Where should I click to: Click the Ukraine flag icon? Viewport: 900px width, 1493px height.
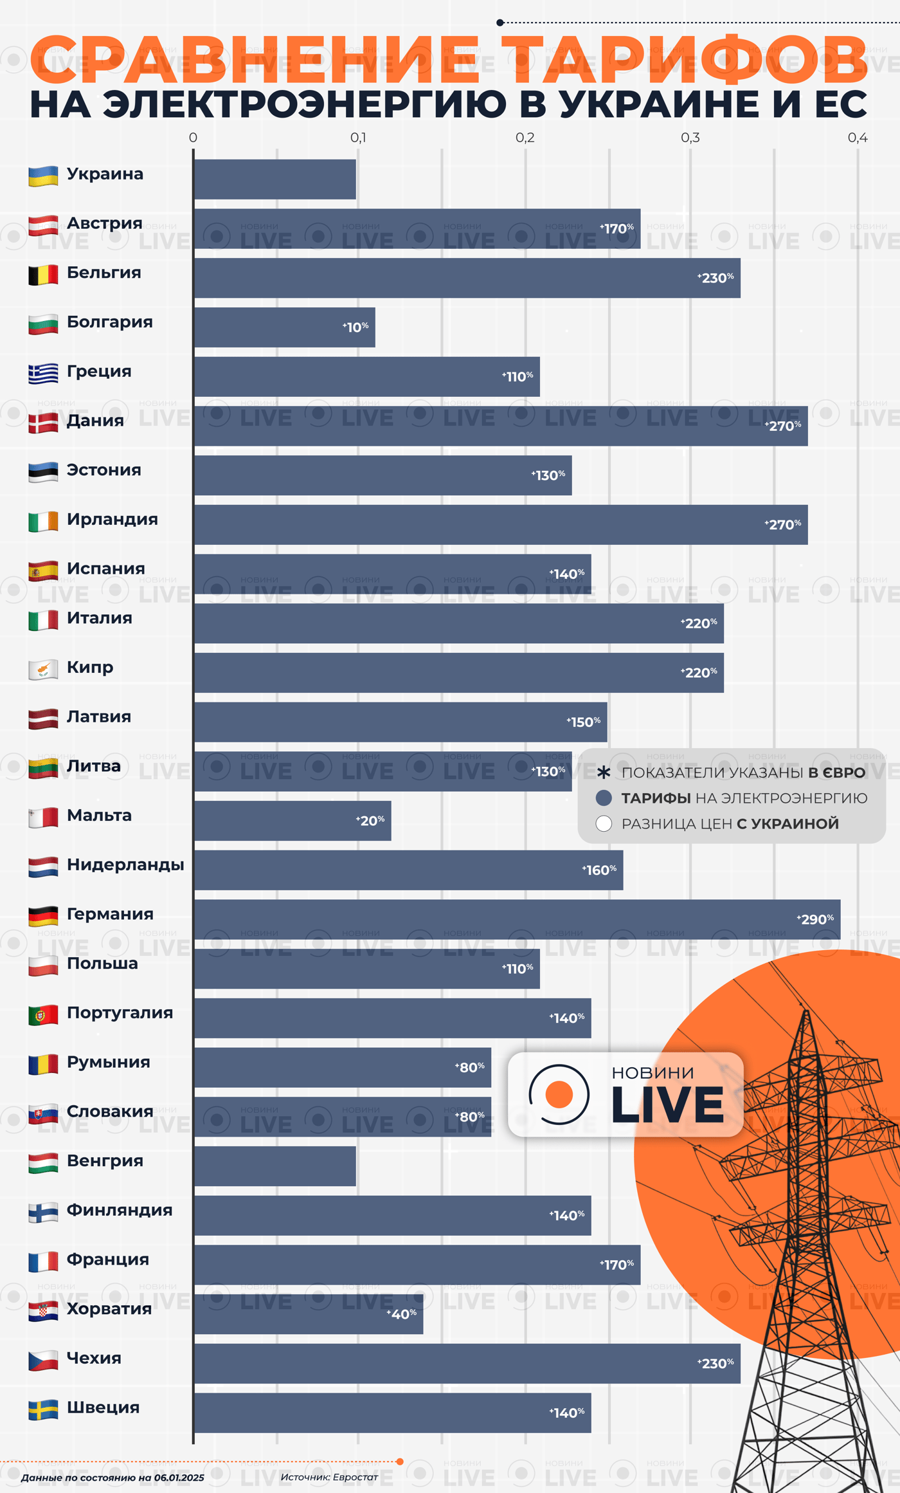43,176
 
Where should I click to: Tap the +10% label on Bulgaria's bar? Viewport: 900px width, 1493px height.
355,327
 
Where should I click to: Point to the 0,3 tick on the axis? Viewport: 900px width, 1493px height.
690,138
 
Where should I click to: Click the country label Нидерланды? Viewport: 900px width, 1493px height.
125,865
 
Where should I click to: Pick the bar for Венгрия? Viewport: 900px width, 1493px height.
275,1166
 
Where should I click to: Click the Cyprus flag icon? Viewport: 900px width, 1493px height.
43,669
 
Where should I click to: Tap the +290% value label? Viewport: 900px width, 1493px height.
815,919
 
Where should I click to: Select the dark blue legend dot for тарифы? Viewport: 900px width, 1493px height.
604,798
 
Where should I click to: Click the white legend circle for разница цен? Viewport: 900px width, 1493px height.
604,824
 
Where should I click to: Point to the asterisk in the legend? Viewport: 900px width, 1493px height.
604,773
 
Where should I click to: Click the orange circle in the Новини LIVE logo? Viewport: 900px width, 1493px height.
559,1094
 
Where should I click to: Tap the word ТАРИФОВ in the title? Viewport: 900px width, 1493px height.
685,61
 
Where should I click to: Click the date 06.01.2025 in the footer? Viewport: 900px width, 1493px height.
179,1478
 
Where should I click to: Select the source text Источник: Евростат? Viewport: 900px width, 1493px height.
329,1477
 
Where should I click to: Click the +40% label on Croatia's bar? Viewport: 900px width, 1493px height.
402,1314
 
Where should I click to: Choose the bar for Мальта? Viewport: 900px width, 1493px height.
292,821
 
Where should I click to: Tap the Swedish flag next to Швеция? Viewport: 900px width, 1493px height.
43,1409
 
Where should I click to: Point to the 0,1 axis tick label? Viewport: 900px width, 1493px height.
358,138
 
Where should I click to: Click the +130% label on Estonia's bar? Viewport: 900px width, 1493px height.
548,475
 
